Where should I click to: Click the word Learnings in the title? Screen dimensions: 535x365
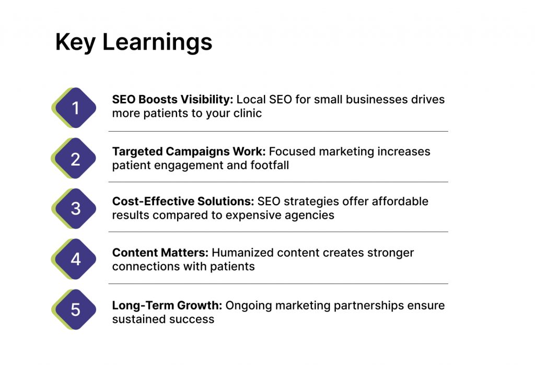pos(157,43)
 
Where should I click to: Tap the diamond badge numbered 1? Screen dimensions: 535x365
pos(74,108)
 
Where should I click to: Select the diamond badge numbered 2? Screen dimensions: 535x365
pos(74,158)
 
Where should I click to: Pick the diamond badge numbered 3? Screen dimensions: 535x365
pos(74,208)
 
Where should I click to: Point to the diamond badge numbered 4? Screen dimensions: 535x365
pos(74,259)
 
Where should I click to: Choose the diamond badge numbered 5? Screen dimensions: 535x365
pos(74,310)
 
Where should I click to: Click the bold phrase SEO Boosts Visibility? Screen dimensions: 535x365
pos(172,99)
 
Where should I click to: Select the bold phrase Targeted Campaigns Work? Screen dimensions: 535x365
pos(189,151)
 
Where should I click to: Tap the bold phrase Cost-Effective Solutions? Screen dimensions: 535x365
pos(183,201)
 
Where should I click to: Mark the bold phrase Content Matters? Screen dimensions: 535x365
pos(160,252)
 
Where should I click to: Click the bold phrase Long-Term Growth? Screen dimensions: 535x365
pos(167,305)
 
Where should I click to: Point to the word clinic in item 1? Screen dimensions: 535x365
pos(247,113)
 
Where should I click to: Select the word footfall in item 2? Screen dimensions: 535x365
pos(270,165)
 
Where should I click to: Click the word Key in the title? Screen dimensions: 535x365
pos(75,43)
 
